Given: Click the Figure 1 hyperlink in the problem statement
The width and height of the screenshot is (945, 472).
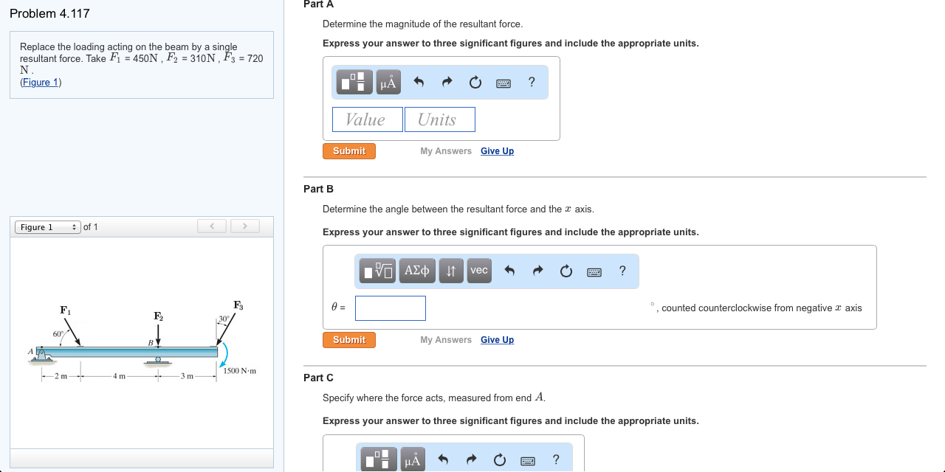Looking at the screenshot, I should click(x=41, y=82).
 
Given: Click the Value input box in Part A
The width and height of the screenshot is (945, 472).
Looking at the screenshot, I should click(x=367, y=119).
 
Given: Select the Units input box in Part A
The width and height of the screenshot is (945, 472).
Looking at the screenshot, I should click(x=439, y=119).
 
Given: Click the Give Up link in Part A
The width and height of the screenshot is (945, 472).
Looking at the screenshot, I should click(x=497, y=151).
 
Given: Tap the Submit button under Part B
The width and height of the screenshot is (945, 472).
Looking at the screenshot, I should click(x=348, y=340).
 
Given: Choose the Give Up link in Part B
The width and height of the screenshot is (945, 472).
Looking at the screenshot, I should click(x=497, y=340).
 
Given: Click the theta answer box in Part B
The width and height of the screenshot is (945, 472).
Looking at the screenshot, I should click(x=390, y=308).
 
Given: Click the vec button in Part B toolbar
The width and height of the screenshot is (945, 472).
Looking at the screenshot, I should click(x=479, y=271).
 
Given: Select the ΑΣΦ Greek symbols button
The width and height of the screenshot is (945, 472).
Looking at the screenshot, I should click(x=417, y=271).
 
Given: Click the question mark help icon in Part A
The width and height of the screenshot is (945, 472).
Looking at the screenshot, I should click(x=532, y=82).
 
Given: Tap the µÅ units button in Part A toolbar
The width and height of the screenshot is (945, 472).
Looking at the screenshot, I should click(x=388, y=83).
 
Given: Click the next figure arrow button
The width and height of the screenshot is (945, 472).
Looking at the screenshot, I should click(x=245, y=226).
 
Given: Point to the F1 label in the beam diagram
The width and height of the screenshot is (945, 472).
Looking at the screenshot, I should click(x=66, y=310).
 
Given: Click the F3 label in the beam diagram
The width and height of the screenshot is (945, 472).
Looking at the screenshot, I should click(x=238, y=305).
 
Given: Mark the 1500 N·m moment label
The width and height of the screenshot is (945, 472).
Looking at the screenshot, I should click(x=239, y=371).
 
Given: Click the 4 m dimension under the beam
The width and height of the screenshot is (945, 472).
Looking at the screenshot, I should click(x=119, y=376).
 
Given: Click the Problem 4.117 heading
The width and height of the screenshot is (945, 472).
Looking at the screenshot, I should click(x=49, y=13).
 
